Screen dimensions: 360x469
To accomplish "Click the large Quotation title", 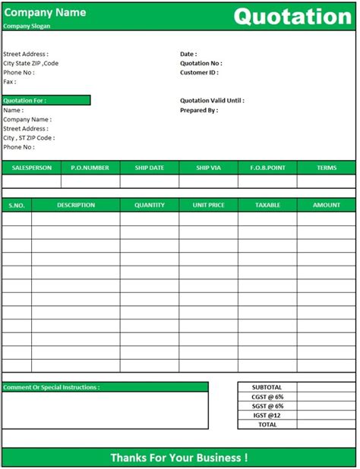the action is point(292,16).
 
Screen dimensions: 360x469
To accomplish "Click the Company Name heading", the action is point(44,12).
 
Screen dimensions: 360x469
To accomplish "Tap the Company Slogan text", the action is point(27,26).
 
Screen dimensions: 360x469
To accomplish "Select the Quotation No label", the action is point(201,64).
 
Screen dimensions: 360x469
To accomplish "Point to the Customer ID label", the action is point(199,73).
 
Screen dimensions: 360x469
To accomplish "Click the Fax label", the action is point(10,82).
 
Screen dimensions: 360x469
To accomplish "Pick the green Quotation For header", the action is point(46,100).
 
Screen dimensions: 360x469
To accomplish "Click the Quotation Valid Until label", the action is point(212,100).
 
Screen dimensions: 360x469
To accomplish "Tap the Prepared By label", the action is point(199,110).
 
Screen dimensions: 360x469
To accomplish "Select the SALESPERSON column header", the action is point(31,168).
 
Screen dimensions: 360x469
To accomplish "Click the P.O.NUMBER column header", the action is point(90,168).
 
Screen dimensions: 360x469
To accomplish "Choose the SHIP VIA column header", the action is point(208,168).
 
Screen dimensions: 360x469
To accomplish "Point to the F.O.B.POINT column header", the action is point(267,168).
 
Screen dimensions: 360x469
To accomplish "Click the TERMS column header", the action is point(326,168).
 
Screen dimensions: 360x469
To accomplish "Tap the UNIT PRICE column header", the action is point(208,205).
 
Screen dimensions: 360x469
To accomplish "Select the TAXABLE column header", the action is point(267,205).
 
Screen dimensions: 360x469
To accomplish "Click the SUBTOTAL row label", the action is point(267,387).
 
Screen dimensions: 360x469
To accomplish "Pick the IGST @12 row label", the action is point(267,415).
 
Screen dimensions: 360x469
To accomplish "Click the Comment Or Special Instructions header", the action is point(52,388).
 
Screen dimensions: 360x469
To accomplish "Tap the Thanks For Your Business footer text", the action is point(178,458).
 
